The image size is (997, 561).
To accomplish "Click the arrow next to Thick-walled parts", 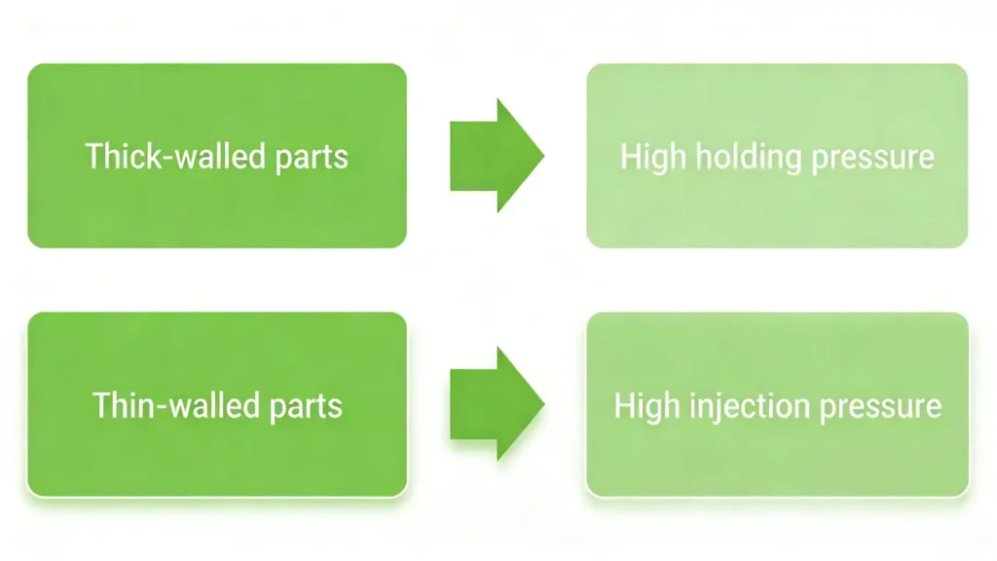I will point(496,156).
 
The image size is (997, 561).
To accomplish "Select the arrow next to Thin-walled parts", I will point(496,404).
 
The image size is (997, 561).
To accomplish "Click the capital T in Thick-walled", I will point(92,156).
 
